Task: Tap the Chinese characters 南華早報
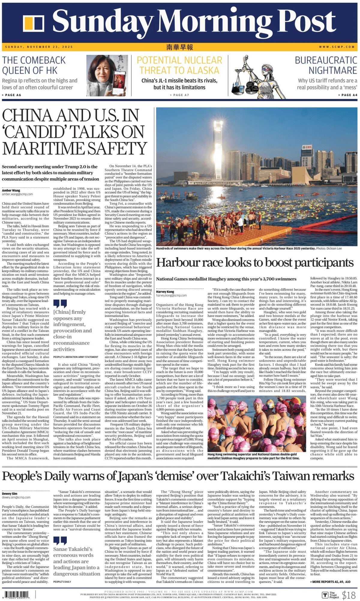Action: click(180, 47)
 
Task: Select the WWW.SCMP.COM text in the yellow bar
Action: click(337, 47)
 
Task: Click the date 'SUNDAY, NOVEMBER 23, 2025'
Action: click(39, 47)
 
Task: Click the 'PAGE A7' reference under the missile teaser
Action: click(179, 95)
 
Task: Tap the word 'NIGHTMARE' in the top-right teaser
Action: click(333, 71)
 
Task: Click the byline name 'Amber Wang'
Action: click(11, 191)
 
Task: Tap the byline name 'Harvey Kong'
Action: click(165, 291)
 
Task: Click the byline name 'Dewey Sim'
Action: click(10, 494)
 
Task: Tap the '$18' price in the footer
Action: click(349, 595)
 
